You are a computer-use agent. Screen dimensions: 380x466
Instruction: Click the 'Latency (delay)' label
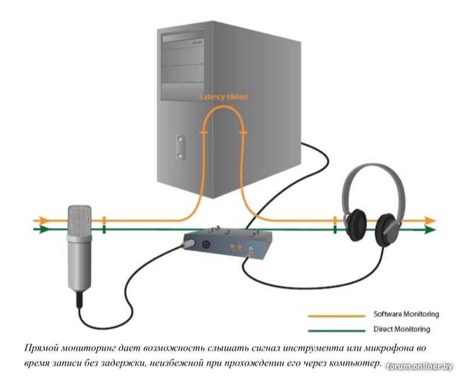pos(224,97)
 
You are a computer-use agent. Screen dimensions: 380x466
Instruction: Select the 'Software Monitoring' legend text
pos(406,314)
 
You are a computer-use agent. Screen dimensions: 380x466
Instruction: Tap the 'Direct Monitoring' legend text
pos(401,329)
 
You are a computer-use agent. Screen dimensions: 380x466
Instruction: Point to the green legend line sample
pos(336,329)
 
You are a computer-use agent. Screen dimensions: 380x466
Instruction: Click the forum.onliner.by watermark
pos(419,367)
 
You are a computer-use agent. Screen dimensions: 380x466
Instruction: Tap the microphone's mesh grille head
pos(79,221)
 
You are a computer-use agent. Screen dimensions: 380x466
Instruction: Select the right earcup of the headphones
pos(386,230)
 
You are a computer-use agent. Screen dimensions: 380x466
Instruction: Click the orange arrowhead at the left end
pos(42,221)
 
